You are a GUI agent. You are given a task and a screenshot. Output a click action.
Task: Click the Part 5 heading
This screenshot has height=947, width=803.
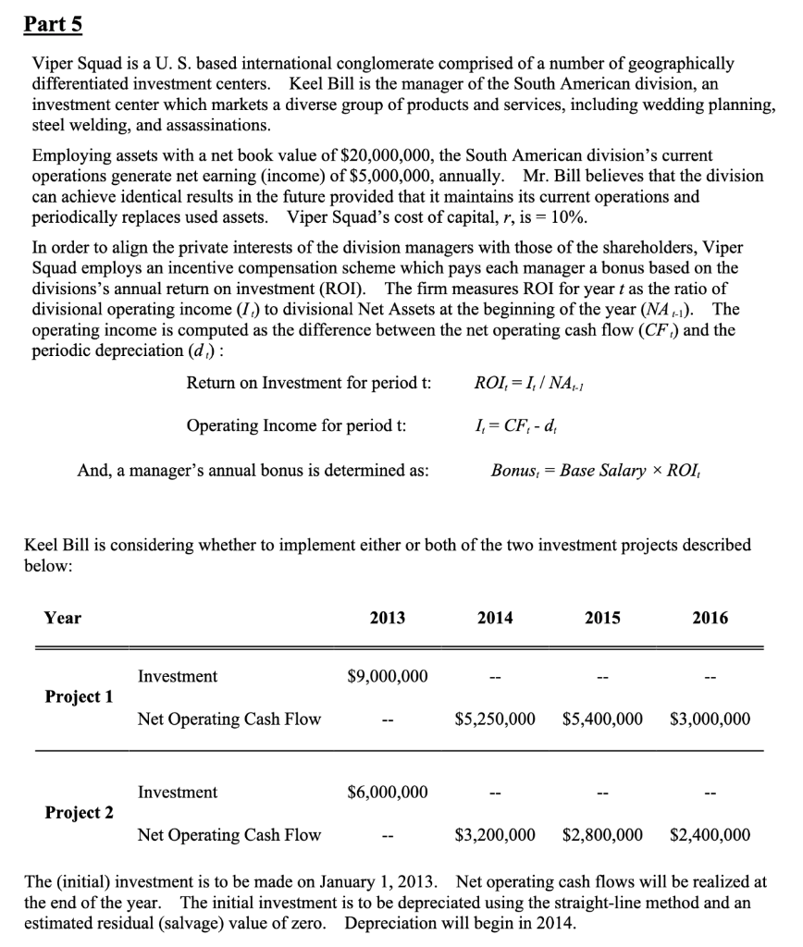coord(53,25)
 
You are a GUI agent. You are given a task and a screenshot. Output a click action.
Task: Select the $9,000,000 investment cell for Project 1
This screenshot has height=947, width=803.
coord(387,676)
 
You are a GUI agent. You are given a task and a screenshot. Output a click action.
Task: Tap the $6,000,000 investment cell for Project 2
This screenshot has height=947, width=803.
coord(387,792)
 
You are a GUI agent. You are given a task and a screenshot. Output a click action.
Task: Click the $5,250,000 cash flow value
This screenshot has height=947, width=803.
coord(495,719)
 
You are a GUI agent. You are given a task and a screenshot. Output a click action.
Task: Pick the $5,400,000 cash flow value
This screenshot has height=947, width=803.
coord(602,719)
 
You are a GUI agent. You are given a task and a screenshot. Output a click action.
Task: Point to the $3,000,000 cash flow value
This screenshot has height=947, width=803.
coord(710,719)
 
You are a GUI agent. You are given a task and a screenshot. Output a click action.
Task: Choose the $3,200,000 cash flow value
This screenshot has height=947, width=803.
coord(495,835)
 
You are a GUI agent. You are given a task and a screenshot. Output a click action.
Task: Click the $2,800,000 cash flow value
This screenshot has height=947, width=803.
coord(602,835)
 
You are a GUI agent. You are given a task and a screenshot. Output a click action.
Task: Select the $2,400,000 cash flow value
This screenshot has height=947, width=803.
coord(710,835)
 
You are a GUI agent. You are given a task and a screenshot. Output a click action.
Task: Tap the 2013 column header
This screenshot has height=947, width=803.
coord(387,618)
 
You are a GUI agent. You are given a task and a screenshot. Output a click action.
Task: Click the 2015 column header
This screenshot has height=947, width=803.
coord(602,618)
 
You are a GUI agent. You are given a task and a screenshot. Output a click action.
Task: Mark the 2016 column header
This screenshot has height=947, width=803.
coord(710,618)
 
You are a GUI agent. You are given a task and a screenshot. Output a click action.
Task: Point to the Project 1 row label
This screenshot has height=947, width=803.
coord(80,696)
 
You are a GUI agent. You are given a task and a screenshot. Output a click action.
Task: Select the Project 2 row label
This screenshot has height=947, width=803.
coord(80,813)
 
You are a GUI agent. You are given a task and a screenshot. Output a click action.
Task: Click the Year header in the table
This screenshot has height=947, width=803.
coord(63,618)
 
